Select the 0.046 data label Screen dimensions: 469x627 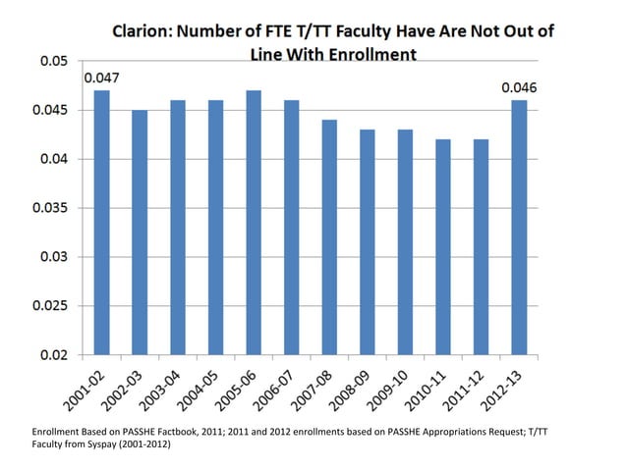coord(519,87)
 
